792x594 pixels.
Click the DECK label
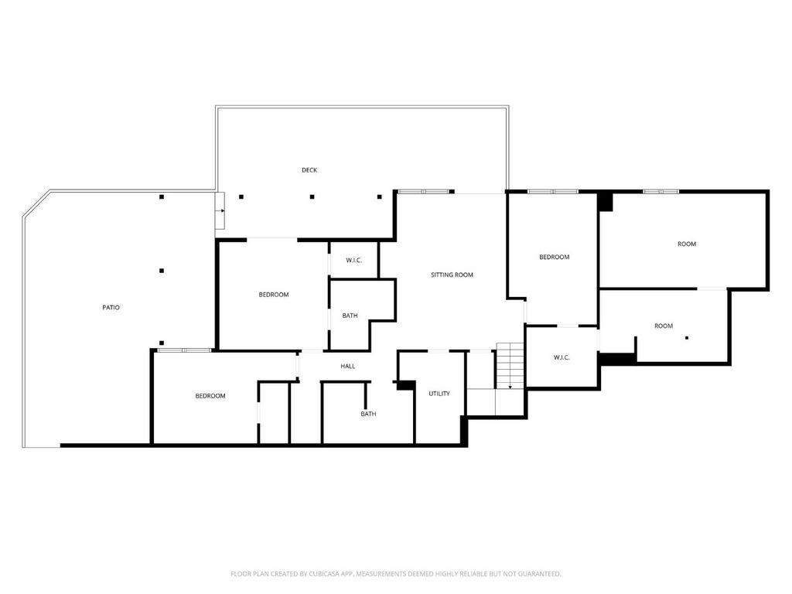click(x=309, y=170)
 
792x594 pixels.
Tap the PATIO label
click(x=111, y=307)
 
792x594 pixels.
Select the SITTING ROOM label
click(x=452, y=275)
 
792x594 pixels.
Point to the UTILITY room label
click(x=439, y=394)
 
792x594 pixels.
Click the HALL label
click(x=348, y=366)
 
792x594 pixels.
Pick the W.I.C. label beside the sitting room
click(x=354, y=260)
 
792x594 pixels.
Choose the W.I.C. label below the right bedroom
click(x=562, y=357)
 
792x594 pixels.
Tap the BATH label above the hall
click(x=350, y=316)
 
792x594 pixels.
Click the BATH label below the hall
click(x=368, y=414)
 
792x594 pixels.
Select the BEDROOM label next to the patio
click(x=274, y=295)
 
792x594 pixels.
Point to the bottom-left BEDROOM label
click(x=210, y=396)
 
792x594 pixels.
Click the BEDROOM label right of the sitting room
click(x=554, y=257)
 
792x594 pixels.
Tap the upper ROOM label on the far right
click(x=687, y=244)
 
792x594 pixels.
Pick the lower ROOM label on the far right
click(x=664, y=326)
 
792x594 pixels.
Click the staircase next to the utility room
click(x=510, y=366)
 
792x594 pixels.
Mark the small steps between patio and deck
click(x=220, y=210)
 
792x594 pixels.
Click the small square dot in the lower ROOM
click(x=687, y=338)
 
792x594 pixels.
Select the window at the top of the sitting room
click(x=424, y=192)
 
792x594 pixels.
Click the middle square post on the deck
click(x=312, y=197)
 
